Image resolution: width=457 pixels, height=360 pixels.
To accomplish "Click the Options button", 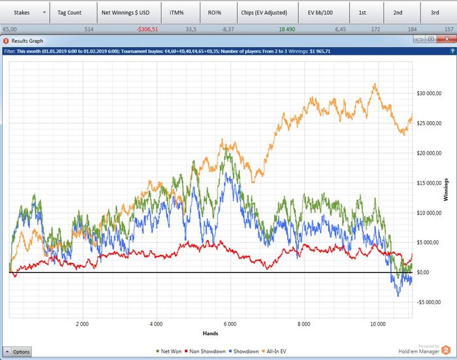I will click(x=17, y=352).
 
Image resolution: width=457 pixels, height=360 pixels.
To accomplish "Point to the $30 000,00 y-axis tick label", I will click(x=430, y=94).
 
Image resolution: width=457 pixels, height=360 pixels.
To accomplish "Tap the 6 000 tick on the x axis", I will click(x=228, y=323).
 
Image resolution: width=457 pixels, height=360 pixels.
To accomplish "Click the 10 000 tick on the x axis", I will click(x=379, y=323).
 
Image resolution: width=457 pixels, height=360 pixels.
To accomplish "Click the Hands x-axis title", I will click(x=210, y=332).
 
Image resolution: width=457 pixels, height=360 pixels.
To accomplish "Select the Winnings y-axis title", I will click(x=447, y=189).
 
